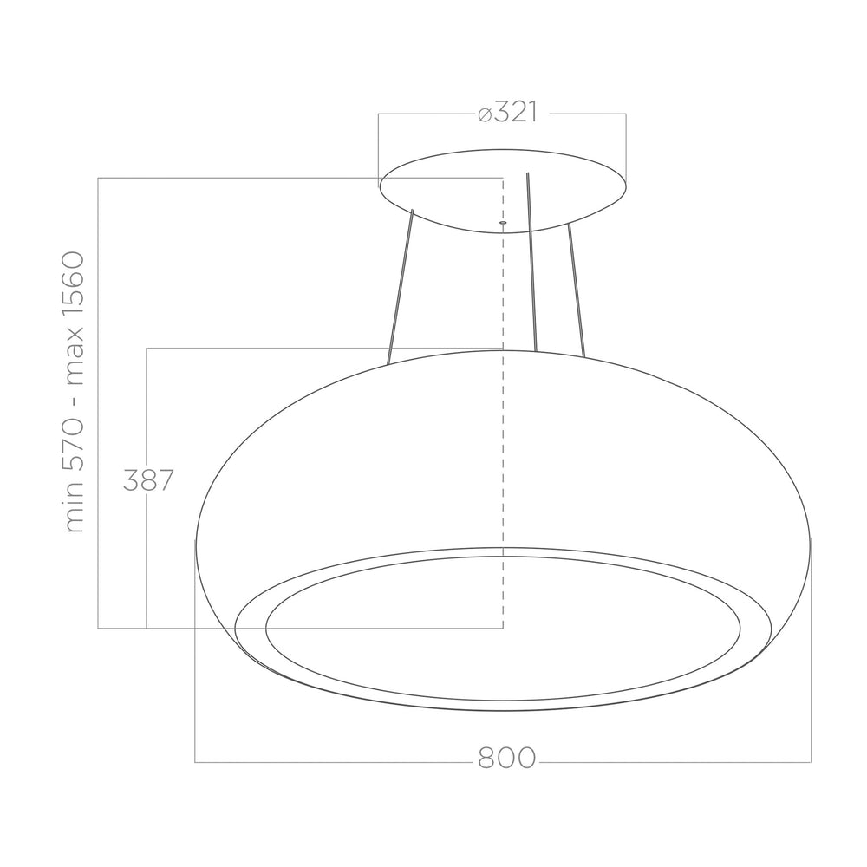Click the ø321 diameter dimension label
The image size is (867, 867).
point(507,113)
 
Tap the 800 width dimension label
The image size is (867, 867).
point(507,758)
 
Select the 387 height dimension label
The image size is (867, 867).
point(148,480)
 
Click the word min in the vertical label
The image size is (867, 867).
point(74,509)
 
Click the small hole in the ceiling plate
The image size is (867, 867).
point(503,222)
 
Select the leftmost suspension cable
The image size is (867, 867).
point(401,287)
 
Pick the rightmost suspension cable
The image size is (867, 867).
point(577,290)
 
